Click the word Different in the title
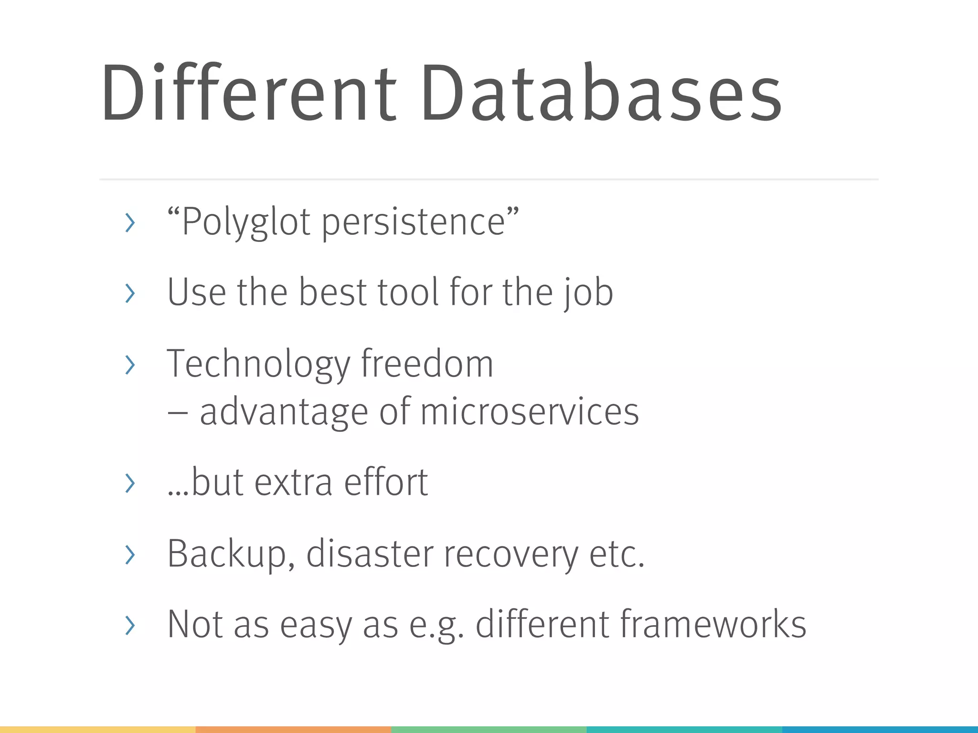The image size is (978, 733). pos(248,93)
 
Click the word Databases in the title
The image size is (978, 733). pos(601,93)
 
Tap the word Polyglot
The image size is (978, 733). pos(246,222)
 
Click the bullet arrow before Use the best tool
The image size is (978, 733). pos(129,293)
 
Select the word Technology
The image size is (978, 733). pos(258,365)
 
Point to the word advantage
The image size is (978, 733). pos(284,412)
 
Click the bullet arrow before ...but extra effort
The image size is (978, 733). pos(129,483)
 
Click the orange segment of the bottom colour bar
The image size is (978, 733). pos(293,730)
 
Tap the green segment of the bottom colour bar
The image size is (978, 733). pos(489,730)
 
